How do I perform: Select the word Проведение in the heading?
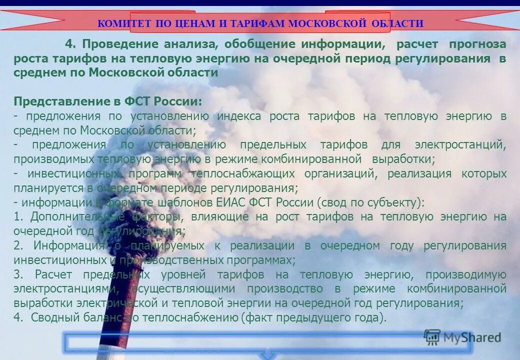pos(116,44)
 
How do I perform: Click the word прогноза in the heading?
pos(477,44)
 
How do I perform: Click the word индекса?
pos(239,116)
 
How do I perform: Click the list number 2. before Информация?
pos(19,246)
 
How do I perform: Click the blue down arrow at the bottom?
pos(268,355)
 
